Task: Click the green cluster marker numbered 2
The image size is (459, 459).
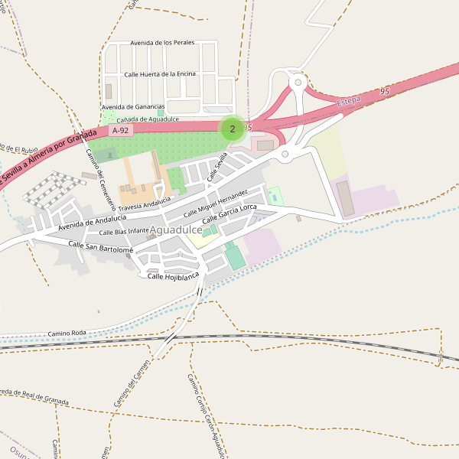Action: point(233,129)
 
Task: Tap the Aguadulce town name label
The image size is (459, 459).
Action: point(177,229)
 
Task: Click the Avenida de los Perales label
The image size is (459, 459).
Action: point(162,43)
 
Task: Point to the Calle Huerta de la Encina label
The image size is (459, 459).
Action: point(160,74)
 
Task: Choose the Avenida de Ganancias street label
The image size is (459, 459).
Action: point(133,106)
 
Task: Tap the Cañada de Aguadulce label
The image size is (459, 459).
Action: point(148,119)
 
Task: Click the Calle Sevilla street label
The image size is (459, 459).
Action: point(217,168)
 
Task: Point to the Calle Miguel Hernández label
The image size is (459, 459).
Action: point(216,201)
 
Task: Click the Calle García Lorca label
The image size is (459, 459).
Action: point(229,214)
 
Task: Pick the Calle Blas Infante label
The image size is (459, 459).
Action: point(124,231)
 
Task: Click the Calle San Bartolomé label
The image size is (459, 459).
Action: point(101,246)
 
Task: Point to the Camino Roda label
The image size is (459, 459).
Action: point(67,334)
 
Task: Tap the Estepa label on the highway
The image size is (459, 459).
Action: point(349,101)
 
